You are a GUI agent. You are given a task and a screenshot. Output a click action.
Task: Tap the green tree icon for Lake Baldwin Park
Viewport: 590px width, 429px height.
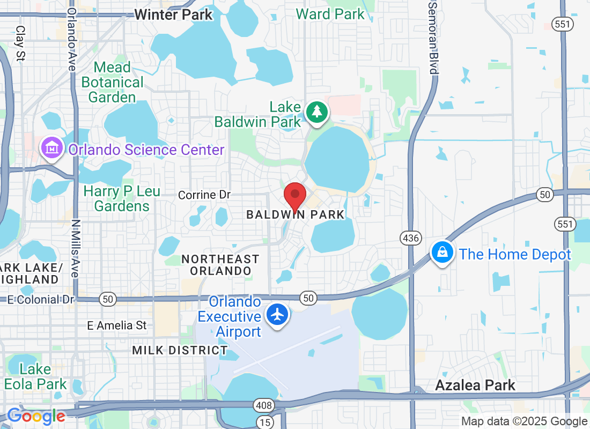click(317, 113)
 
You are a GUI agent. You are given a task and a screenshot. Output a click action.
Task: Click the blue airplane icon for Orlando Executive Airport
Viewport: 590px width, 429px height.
click(277, 315)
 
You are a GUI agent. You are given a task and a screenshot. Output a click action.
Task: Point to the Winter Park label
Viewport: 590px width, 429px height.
click(173, 14)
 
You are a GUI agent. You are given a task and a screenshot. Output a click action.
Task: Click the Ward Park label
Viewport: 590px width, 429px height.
click(330, 14)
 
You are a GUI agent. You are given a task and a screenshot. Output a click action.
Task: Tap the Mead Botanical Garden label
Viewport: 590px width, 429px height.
click(113, 82)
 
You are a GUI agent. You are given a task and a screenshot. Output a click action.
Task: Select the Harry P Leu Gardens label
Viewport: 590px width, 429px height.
click(122, 198)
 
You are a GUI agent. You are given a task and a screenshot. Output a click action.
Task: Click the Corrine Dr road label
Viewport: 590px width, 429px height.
click(204, 195)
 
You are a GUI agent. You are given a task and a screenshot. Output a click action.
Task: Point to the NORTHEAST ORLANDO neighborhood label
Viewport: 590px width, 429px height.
click(220, 265)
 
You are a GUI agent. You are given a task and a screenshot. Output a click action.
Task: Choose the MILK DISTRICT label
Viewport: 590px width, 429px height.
click(180, 350)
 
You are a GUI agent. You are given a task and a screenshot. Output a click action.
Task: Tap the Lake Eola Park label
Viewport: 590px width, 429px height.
click(35, 376)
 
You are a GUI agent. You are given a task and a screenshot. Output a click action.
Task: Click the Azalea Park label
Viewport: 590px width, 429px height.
click(475, 385)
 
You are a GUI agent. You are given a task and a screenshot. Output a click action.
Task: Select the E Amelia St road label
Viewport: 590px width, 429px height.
click(117, 325)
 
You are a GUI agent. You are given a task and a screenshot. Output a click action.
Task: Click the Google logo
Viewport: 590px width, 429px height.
click(36, 416)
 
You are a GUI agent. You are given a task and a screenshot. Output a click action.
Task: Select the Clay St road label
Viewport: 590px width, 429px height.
click(21, 43)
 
